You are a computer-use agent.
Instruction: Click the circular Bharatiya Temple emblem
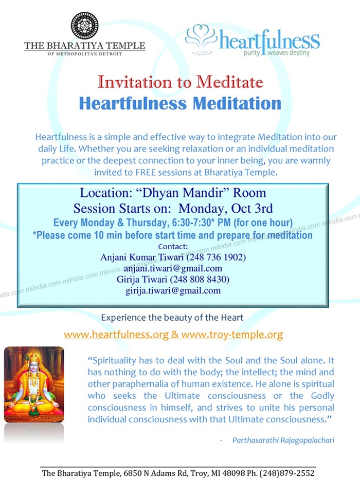[85, 26]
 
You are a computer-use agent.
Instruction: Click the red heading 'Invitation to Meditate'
[181, 82]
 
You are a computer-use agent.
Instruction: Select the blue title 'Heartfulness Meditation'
[181, 103]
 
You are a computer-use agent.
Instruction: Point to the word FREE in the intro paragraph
[145, 172]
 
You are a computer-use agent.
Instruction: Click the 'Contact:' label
[173, 246]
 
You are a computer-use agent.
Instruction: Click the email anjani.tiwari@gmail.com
[173, 268]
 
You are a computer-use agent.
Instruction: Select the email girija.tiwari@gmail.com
[173, 290]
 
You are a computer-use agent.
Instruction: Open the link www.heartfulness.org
[116, 334]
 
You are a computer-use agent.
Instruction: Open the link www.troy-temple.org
[232, 334]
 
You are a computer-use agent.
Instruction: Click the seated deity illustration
[34, 384]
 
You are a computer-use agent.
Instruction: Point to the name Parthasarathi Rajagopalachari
[283, 440]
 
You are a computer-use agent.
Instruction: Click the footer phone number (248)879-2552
[287, 473]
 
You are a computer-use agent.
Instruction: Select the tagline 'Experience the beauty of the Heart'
[172, 318]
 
